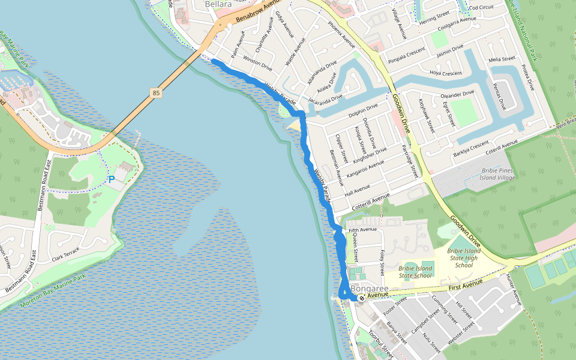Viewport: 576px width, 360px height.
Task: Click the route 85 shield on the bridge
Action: (x=157, y=93)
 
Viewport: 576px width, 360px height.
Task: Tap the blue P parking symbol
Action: (x=112, y=179)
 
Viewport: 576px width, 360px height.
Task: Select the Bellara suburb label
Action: (x=218, y=5)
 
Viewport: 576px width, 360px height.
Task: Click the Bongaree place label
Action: (x=359, y=289)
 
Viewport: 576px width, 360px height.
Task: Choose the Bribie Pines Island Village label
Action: (x=489, y=175)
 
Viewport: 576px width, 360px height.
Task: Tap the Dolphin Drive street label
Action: (x=364, y=110)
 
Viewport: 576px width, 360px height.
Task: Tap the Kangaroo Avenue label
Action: (x=365, y=172)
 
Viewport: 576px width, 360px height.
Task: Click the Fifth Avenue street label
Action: (x=362, y=230)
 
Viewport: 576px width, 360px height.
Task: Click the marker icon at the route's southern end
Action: (x=362, y=297)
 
